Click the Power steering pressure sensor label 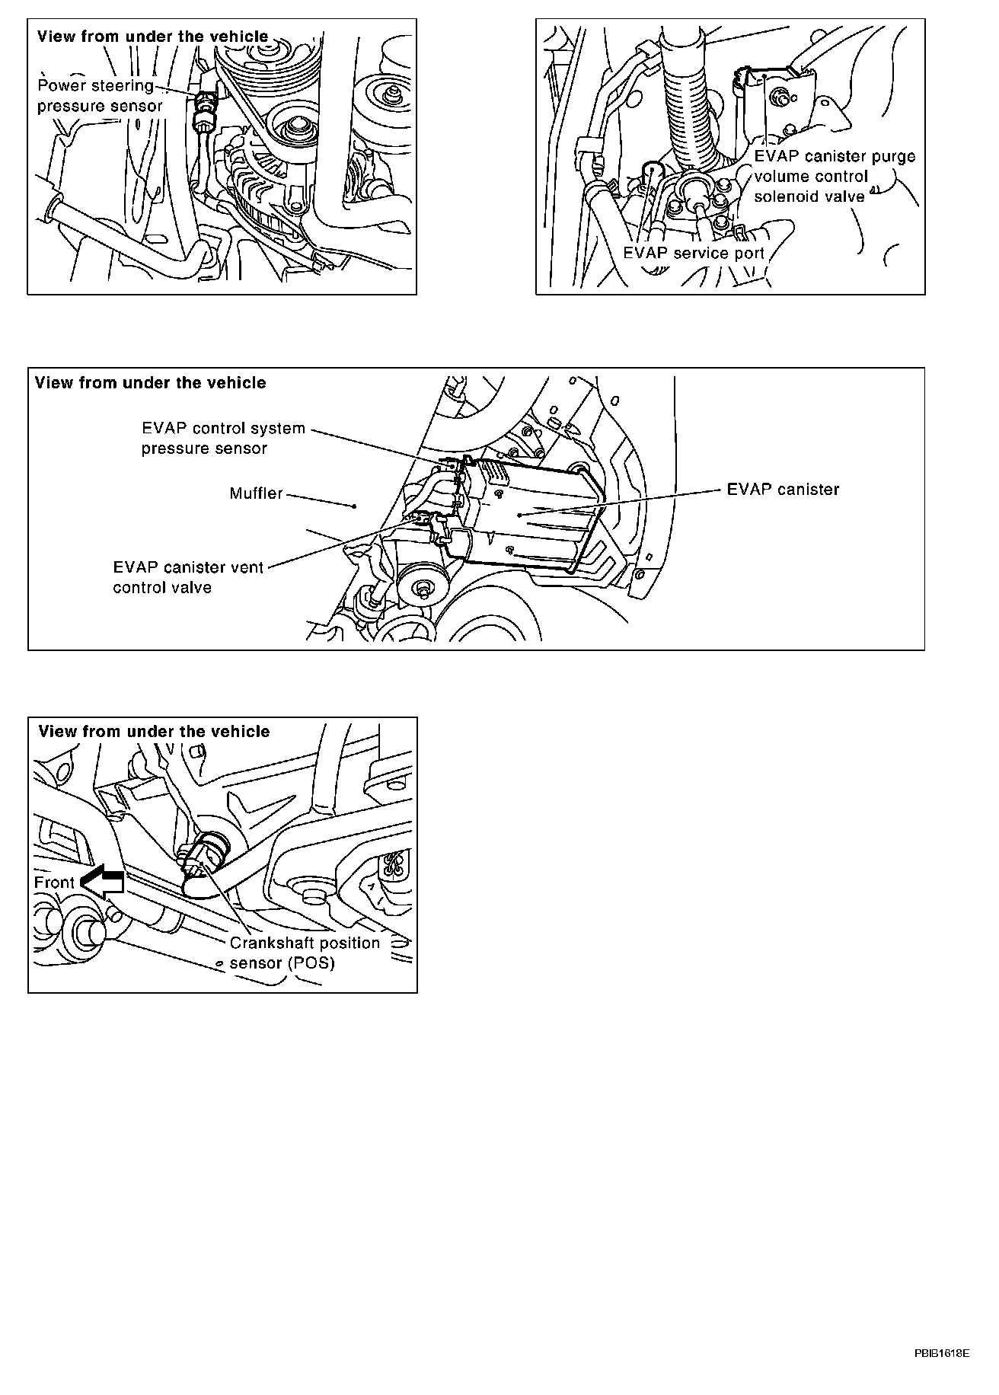pyautogui.click(x=100, y=95)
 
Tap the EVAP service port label pyautogui.click(x=693, y=253)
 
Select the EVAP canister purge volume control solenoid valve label pyautogui.click(x=834, y=176)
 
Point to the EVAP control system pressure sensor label pyautogui.click(x=222, y=438)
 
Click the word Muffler pyautogui.click(x=256, y=493)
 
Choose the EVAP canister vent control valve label pyautogui.click(x=187, y=577)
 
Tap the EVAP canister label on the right pyautogui.click(x=783, y=489)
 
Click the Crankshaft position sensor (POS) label pyautogui.click(x=305, y=953)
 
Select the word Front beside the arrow pyautogui.click(x=54, y=883)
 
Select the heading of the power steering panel pyautogui.click(x=152, y=37)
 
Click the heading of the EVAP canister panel pyautogui.click(x=150, y=382)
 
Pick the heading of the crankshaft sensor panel pyautogui.click(x=154, y=731)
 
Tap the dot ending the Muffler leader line pyautogui.click(x=355, y=505)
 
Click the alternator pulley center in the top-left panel pyautogui.click(x=293, y=129)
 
